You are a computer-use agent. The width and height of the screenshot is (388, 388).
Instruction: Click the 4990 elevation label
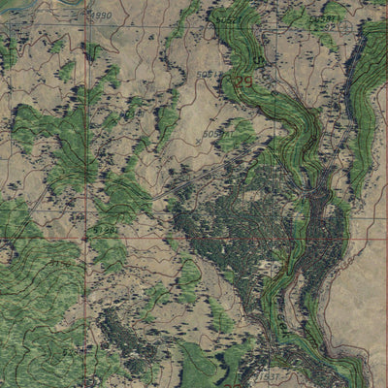coord(100,16)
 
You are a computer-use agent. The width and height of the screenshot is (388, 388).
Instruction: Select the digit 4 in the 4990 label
coord(92,16)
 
